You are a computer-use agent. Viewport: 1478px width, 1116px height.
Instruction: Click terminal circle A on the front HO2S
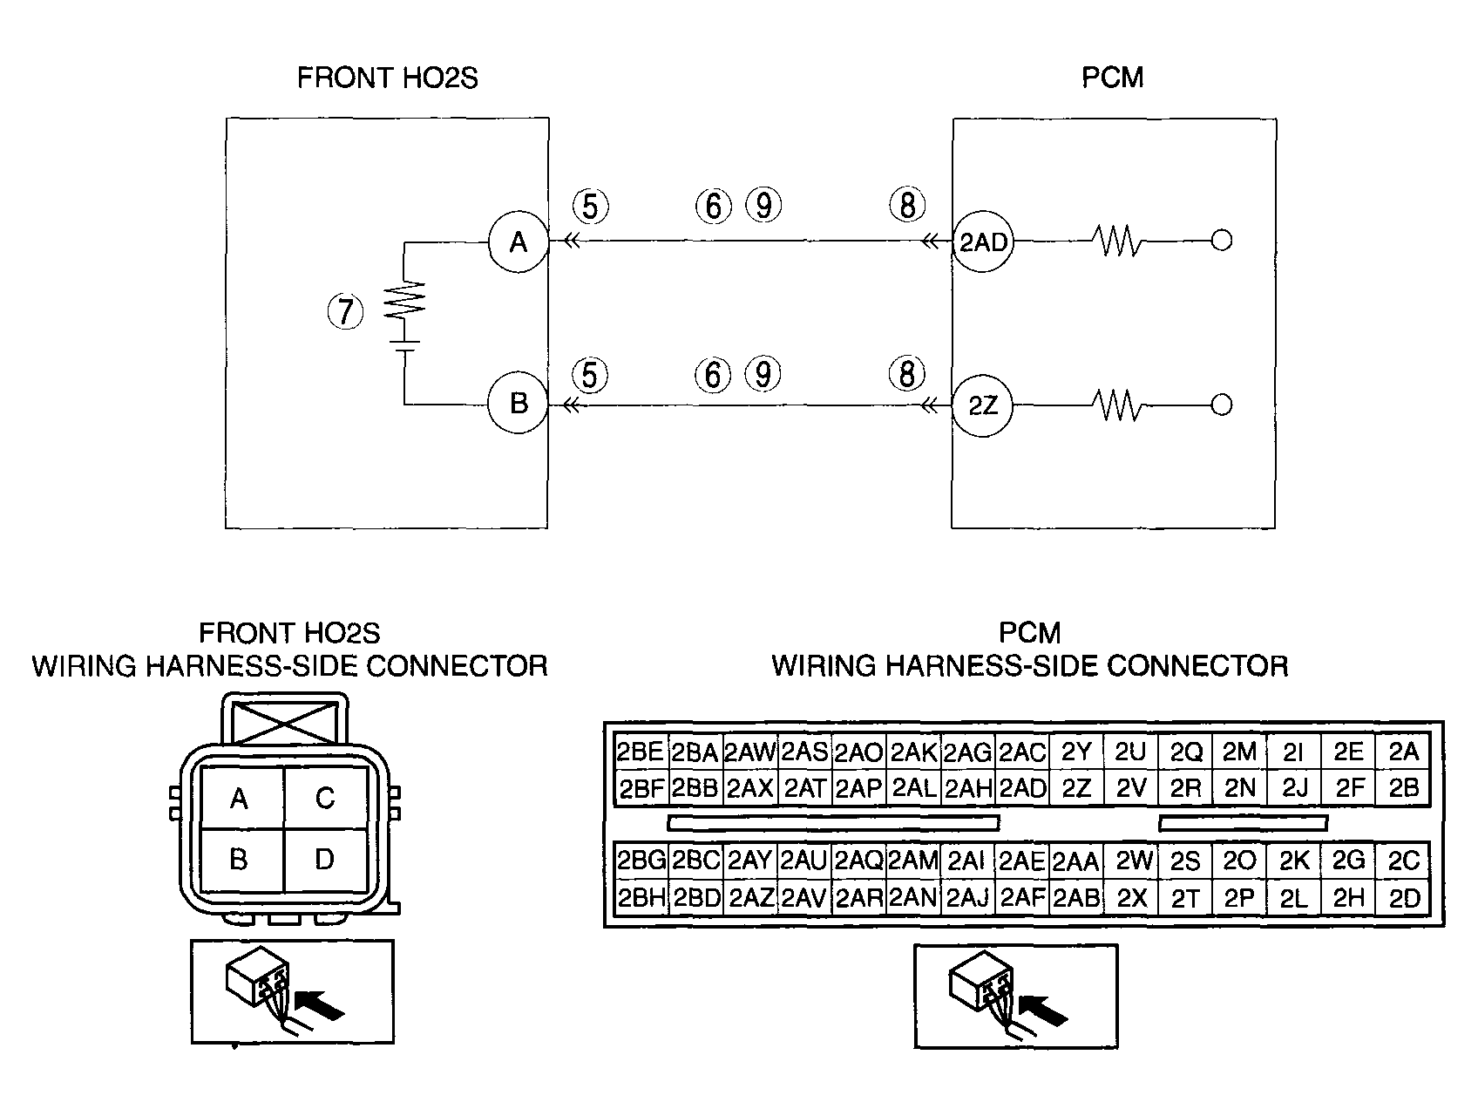[518, 242]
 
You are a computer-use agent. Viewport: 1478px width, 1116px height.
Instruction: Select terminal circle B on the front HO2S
[518, 405]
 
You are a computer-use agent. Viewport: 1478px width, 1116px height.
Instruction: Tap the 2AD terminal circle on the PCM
[982, 242]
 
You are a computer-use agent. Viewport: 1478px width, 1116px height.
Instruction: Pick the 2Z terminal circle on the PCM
[982, 405]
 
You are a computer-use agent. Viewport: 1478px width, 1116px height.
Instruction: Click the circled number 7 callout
[345, 311]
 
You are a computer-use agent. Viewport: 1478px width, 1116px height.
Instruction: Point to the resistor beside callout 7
[405, 300]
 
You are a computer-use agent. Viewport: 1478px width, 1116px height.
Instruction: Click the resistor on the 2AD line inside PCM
[1119, 242]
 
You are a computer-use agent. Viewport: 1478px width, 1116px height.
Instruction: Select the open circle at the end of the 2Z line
[1222, 405]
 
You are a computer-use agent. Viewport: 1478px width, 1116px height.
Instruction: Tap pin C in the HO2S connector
[325, 798]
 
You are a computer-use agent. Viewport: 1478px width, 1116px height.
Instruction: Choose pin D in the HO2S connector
[325, 860]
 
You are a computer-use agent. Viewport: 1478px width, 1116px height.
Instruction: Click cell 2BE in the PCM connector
[641, 752]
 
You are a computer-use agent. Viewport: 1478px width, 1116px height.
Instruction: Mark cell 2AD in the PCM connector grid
[1022, 788]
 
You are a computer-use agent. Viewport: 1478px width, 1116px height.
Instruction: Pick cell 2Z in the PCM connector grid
[1076, 788]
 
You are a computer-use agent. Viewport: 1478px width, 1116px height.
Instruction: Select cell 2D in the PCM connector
[1403, 898]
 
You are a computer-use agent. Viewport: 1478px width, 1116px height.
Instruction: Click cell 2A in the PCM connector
[1403, 752]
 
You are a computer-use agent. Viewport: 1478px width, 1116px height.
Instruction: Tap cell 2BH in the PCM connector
[641, 898]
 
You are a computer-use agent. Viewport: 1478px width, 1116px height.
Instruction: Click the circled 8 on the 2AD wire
[907, 206]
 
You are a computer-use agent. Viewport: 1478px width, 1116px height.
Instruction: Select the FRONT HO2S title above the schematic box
[388, 78]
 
